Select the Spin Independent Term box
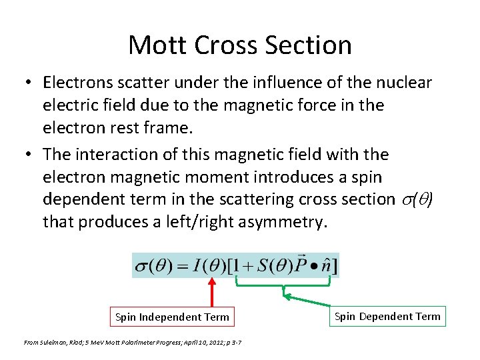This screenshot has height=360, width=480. point(172,317)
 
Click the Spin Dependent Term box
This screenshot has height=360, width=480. point(387,316)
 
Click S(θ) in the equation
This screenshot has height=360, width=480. point(274,266)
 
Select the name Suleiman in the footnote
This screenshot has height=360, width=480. point(53,342)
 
